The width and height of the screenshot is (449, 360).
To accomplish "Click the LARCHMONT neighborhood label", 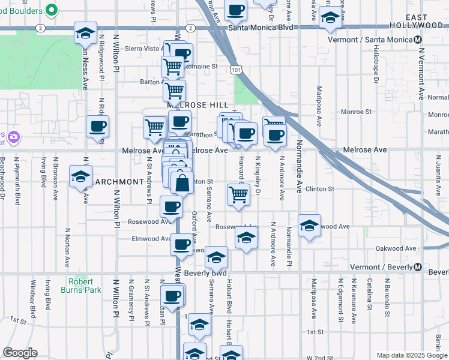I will coord(118,181).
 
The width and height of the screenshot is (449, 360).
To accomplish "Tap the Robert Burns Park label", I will coord(80,286).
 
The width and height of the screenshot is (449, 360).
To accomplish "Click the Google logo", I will coord(20,353).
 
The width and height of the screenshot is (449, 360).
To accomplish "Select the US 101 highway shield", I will coord(237,70).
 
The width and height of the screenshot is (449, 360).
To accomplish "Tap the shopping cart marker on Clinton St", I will coord(239,194).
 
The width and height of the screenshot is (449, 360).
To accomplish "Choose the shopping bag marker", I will coord(182,182).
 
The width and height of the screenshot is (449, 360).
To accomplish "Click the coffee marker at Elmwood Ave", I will coord(181,244).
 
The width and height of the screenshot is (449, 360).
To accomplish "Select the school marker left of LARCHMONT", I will coord(80,176).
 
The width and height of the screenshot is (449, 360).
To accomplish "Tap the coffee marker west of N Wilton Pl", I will coord(97,127).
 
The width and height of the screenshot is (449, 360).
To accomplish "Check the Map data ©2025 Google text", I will coord(411,355).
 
